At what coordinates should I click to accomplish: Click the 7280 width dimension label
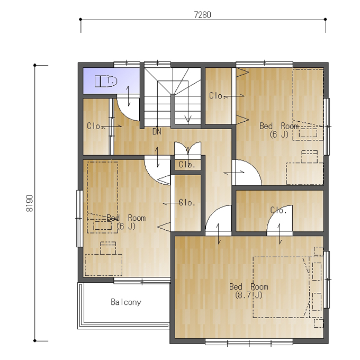point(202,15)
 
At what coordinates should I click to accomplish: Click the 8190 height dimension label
point(30,203)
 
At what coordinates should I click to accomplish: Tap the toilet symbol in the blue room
point(106,81)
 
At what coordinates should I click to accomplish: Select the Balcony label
point(126,302)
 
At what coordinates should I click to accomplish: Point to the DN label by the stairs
point(157,131)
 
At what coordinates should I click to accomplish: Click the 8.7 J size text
point(249,295)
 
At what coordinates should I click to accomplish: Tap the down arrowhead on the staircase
point(188,120)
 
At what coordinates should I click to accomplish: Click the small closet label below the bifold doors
point(187,165)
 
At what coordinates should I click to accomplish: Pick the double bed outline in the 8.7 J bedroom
point(282,287)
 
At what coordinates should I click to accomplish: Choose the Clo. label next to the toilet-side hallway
point(95,126)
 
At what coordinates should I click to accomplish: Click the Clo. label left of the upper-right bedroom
point(217,95)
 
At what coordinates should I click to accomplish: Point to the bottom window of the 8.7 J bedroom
point(249,343)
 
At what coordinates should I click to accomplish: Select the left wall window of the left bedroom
point(79,218)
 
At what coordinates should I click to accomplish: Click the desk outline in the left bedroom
point(103,265)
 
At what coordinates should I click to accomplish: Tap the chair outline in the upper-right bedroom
point(310,157)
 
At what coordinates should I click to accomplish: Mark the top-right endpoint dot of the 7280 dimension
point(326,19)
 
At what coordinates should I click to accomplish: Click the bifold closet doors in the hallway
point(187,149)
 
